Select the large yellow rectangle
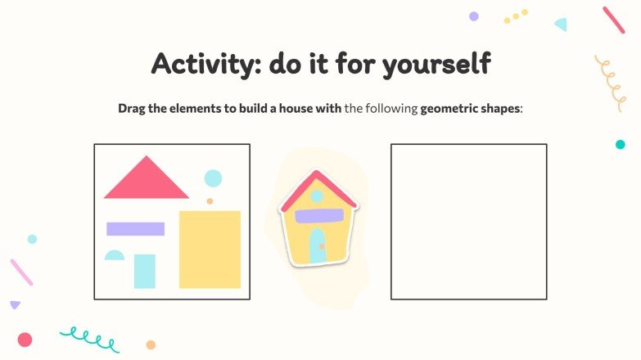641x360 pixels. click(x=210, y=249)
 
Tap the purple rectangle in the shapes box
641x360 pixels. click(x=135, y=229)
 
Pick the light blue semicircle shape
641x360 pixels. click(x=115, y=256)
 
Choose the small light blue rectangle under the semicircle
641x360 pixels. click(x=145, y=271)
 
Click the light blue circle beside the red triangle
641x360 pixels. click(x=213, y=178)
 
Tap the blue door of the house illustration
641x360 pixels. click(x=318, y=245)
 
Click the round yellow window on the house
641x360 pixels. click(x=317, y=196)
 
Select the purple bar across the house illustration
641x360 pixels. click(x=318, y=216)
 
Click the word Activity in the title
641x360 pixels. click(x=201, y=64)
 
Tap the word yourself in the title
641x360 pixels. click(x=438, y=64)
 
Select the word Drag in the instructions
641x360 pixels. click(x=132, y=108)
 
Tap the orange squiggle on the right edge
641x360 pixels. click(x=610, y=82)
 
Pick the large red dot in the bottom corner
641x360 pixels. click(x=25, y=340)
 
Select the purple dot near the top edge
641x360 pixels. click(x=473, y=16)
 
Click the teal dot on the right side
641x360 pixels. click(x=620, y=145)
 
